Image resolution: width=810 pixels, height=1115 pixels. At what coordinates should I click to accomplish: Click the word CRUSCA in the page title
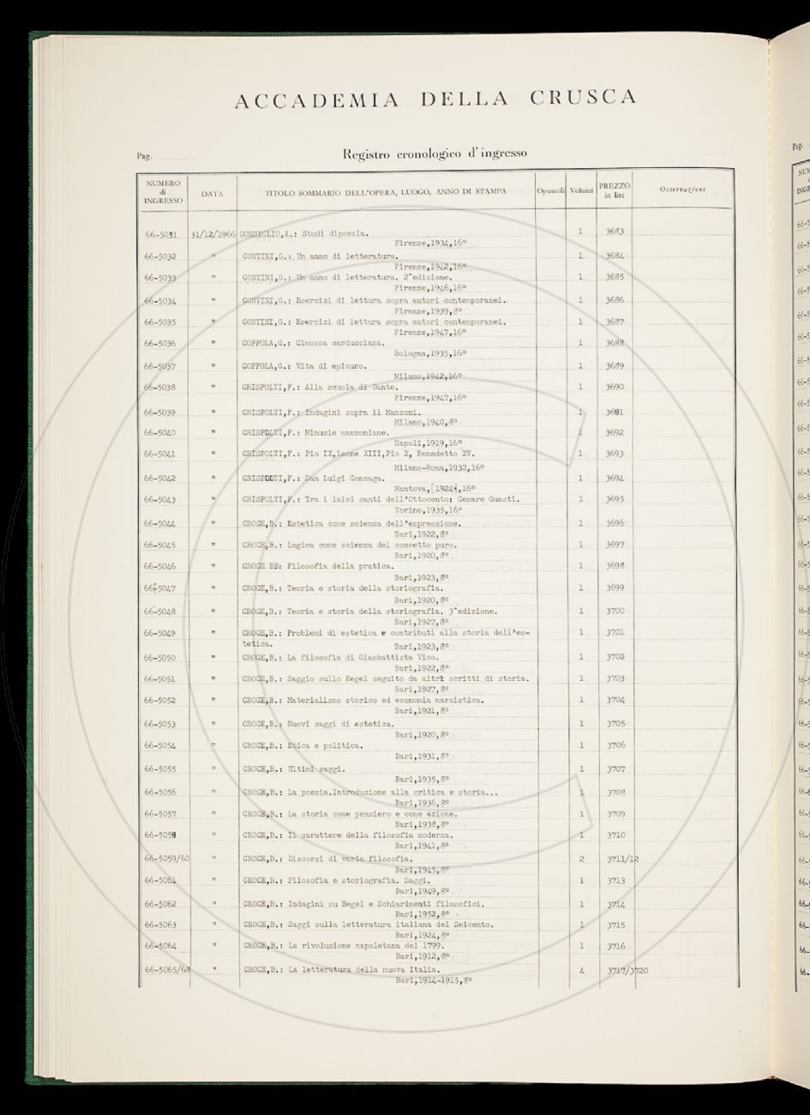[x=583, y=98]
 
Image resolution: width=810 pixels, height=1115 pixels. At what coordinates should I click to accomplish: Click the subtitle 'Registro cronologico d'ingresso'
[x=435, y=154]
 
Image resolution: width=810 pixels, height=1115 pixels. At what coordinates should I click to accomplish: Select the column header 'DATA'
[x=212, y=194]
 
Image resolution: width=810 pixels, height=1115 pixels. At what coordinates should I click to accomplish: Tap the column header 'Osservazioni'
[x=683, y=190]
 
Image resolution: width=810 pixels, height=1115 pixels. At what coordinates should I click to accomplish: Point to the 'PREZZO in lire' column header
[x=614, y=190]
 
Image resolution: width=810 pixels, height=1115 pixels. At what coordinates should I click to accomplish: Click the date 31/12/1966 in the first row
[x=213, y=233]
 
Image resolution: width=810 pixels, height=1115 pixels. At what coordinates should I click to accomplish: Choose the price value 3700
[x=615, y=612]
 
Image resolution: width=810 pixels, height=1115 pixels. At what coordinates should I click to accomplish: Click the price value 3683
[x=614, y=232]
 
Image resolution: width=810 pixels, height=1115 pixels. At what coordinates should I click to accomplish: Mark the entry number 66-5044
[x=160, y=523]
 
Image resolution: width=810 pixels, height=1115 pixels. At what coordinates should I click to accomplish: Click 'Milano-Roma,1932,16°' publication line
[x=439, y=467]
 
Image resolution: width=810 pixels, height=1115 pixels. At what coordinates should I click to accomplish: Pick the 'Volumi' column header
[x=581, y=190]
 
